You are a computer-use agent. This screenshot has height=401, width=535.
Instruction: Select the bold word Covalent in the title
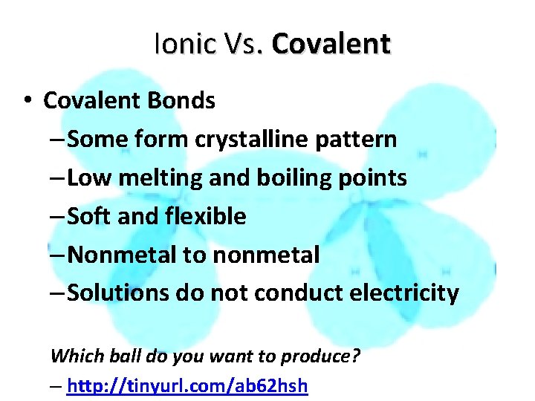pyautogui.click(x=331, y=44)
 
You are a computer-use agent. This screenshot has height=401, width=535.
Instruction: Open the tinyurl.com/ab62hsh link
pyautogui.click(x=187, y=386)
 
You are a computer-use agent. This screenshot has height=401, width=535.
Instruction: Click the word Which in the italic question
pyautogui.click(x=71, y=356)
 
